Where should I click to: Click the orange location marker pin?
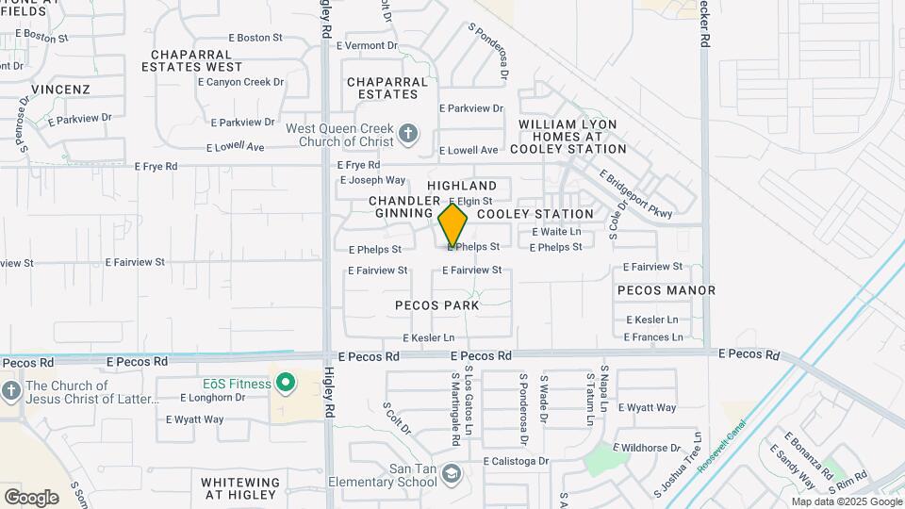(452, 226)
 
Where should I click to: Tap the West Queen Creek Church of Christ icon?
(407, 134)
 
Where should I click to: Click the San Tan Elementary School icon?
(452, 473)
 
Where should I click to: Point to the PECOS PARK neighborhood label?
(436, 305)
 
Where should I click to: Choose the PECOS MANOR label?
(666, 290)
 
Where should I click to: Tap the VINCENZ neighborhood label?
(60, 90)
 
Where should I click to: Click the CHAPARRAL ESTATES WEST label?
(192, 60)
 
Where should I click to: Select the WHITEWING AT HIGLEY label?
(240, 488)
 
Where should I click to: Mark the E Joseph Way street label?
(372, 180)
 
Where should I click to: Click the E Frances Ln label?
(652, 337)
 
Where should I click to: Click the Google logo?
(31, 498)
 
